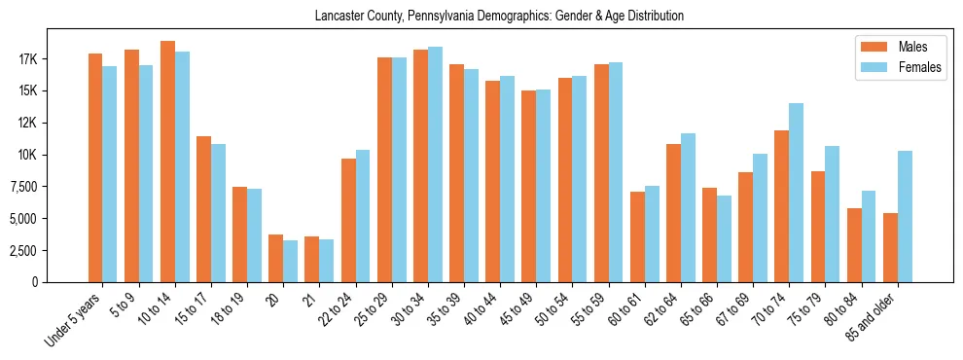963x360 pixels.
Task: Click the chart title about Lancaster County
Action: tap(499, 17)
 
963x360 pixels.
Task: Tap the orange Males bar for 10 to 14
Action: tap(167, 162)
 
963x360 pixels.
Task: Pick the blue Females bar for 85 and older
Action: tap(905, 216)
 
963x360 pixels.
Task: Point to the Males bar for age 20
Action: tap(276, 258)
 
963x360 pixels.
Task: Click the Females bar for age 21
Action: tap(327, 261)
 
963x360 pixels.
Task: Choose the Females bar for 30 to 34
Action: tap(435, 164)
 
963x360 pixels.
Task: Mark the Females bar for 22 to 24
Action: tap(363, 216)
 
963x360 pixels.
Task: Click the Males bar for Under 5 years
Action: tap(95, 167)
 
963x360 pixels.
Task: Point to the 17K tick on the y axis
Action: tap(53, 59)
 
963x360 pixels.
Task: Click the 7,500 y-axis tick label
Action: tap(47, 187)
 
